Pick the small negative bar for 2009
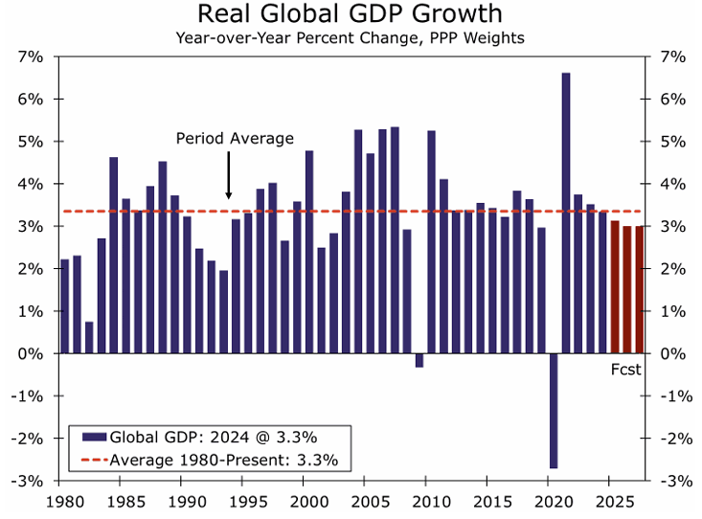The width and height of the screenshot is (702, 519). point(419,360)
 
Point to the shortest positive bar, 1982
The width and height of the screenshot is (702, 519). point(89,337)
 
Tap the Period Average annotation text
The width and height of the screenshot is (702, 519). point(235,139)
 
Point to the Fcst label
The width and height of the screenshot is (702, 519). point(626,369)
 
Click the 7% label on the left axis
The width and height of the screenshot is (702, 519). point(31,56)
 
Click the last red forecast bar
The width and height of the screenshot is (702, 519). point(639,289)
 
